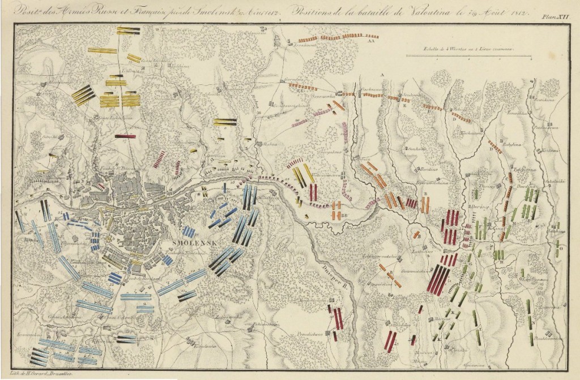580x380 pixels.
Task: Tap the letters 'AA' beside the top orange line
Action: tap(372, 41)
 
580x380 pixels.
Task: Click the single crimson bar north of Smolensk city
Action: tap(125, 136)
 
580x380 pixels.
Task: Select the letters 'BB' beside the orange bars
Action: tap(345, 215)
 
